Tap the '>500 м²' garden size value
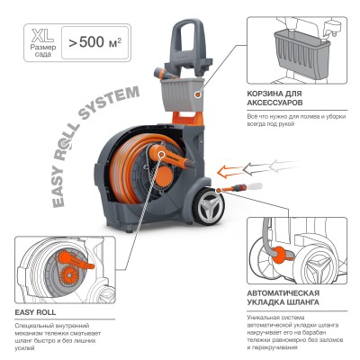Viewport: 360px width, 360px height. [92, 41]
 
